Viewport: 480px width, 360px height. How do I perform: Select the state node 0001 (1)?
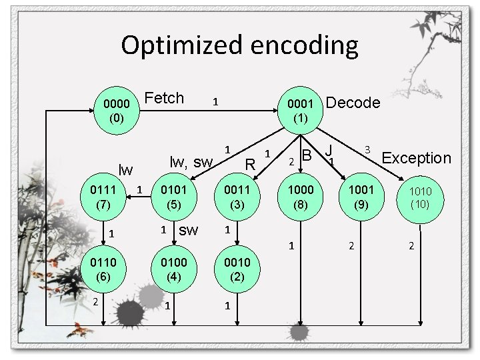300,111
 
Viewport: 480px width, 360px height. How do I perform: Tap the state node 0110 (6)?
103,268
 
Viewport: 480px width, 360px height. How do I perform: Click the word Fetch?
164,99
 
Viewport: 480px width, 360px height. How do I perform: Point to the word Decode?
354,103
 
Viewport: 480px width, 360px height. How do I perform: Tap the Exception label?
417,158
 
